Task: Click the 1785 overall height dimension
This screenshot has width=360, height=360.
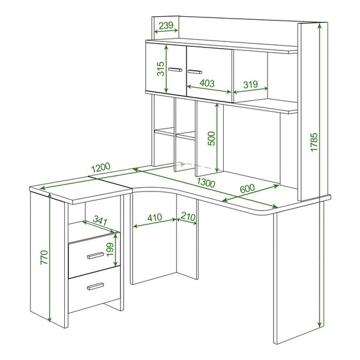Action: pyautogui.click(x=314, y=142)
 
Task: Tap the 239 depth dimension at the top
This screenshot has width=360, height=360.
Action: pyautogui.click(x=166, y=25)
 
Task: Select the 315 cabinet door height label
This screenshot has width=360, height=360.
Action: pyautogui.click(x=161, y=68)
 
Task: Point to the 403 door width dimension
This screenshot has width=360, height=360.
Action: pyautogui.click(x=207, y=83)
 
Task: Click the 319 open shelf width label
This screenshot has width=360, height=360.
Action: pyautogui.click(x=250, y=85)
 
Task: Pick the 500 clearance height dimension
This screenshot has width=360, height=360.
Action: pyautogui.click(x=211, y=139)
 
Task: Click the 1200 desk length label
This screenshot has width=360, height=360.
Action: pyautogui.click(x=101, y=167)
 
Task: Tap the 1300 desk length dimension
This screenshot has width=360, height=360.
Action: pyautogui.click(x=206, y=183)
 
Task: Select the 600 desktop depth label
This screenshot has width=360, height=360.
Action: pyautogui.click(x=247, y=188)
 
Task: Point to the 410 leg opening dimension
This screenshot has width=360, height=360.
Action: pyautogui.click(x=155, y=217)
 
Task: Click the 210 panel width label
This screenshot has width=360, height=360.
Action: pyautogui.click(x=188, y=217)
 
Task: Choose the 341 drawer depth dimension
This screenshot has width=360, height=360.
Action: pyautogui.click(x=100, y=220)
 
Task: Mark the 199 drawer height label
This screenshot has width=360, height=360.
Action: pyautogui.click(x=110, y=250)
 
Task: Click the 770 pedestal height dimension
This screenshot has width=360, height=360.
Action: pyautogui.click(x=44, y=257)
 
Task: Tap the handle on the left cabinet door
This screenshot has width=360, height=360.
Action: pyautogui.click(x=175, y=70)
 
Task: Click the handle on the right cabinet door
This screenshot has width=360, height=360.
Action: pyautogui.click(x=195, y=72)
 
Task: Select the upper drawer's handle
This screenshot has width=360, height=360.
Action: pyautogui.click(x=95, y=256)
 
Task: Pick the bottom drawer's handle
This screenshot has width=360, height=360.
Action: pyautogui.click(x=95, y=286)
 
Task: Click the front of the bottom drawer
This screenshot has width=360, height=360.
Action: pyautogui.click(x=94, y=289)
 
